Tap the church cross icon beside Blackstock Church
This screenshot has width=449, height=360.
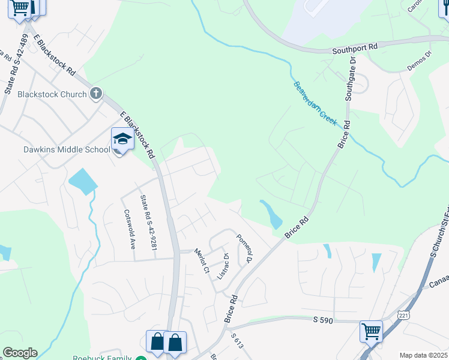coord(96,93)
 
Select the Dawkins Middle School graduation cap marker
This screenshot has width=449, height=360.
coord(122,139)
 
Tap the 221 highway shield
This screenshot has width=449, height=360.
coord(404,314)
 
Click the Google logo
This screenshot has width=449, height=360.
coord(20,353)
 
